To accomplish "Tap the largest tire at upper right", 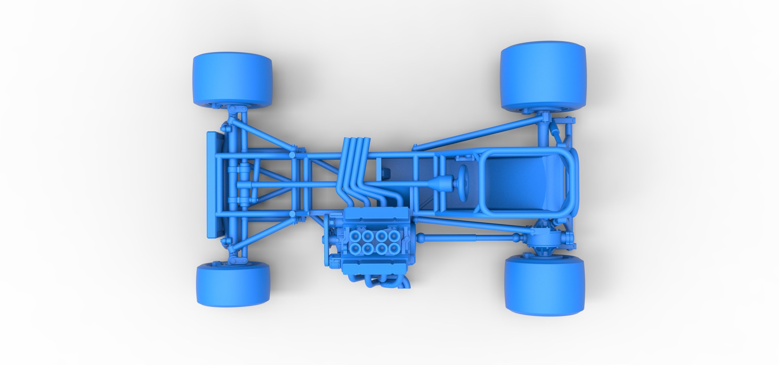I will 543,76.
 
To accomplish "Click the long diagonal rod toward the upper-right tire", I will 478,132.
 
